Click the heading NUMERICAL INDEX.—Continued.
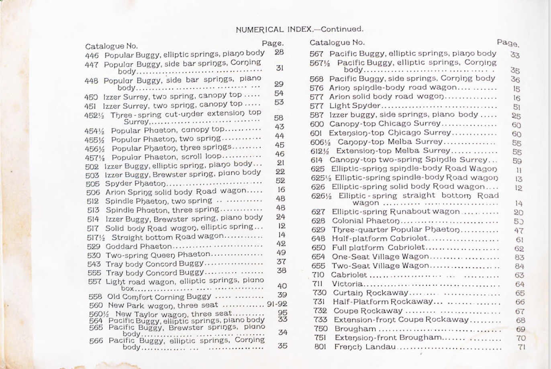[x=299, y=29]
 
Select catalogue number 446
[x=92, y=55]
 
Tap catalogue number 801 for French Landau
[x=319, y=347]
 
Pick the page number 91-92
[x=277, y=304]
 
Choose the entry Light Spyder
[x=355, y=106]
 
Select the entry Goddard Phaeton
[x=139, y=246]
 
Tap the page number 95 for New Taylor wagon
[x=282, y=313]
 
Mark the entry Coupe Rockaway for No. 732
[x=368, y=311]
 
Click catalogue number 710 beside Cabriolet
[x=318, y=275]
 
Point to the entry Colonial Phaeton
[x=366, y=221]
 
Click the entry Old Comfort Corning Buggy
[x=159, y=296]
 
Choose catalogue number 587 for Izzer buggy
[x=317, y=115]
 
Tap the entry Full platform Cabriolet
[x=378, y=247]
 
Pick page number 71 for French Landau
[x=521, y=347]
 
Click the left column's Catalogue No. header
[x=111, y=46]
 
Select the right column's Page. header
[x=508, y=43]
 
